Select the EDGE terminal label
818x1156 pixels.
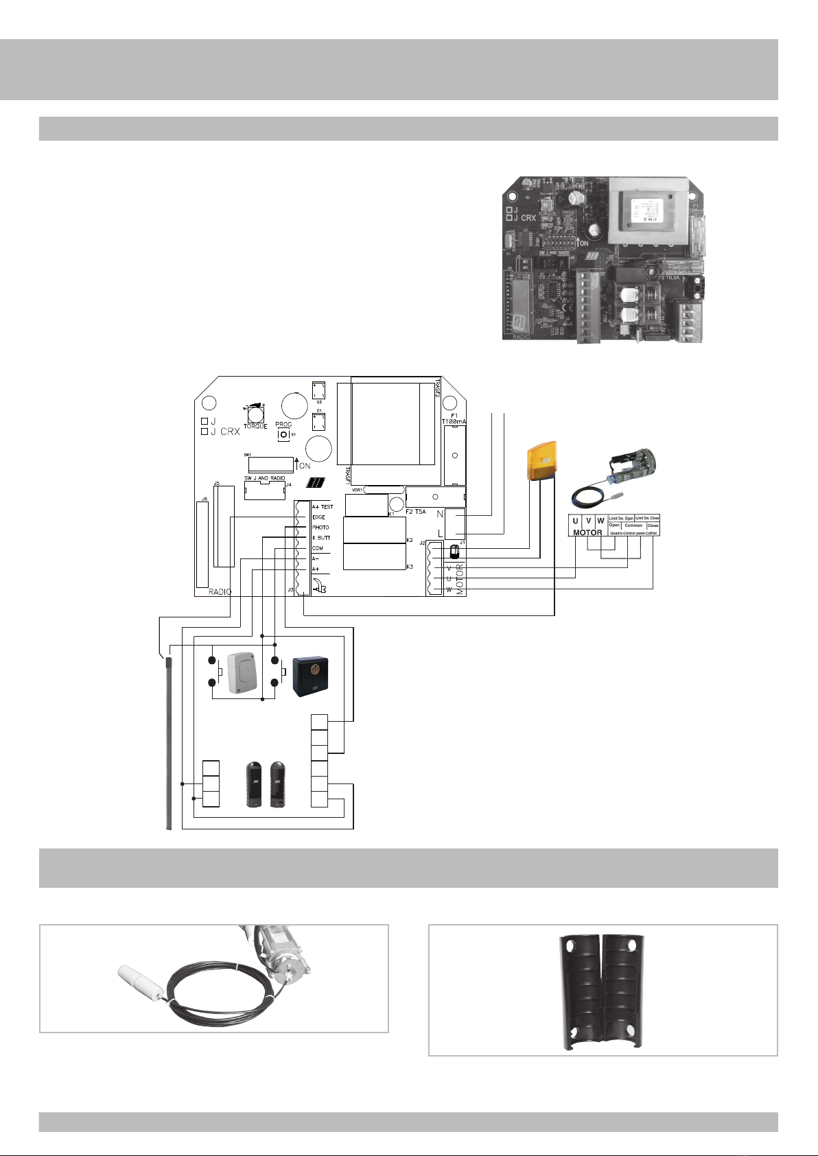point(318,517)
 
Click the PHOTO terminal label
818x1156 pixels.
point(320,528)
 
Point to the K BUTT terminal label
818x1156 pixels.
point(321,538)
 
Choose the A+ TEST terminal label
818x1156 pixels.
point(323,507)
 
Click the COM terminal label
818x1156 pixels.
point(317,548)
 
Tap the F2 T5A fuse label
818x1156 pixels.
point(417,512)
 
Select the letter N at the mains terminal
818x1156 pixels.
point(439,515)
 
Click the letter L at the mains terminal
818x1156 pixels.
point(440,534)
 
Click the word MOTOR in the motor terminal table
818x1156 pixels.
point(587,532)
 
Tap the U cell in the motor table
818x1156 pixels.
point(575,521)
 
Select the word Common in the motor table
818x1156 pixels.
point(633,526)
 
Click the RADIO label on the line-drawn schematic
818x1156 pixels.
point(220,591)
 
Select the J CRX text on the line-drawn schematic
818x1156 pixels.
point(225,432)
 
